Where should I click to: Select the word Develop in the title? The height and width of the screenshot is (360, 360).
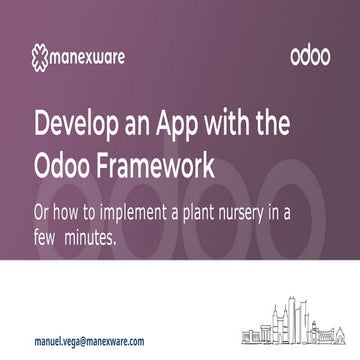tap(76, 125)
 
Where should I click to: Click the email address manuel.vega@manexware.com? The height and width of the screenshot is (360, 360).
tap(88, 340)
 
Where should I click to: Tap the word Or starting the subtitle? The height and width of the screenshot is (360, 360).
tap(45, 214)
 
